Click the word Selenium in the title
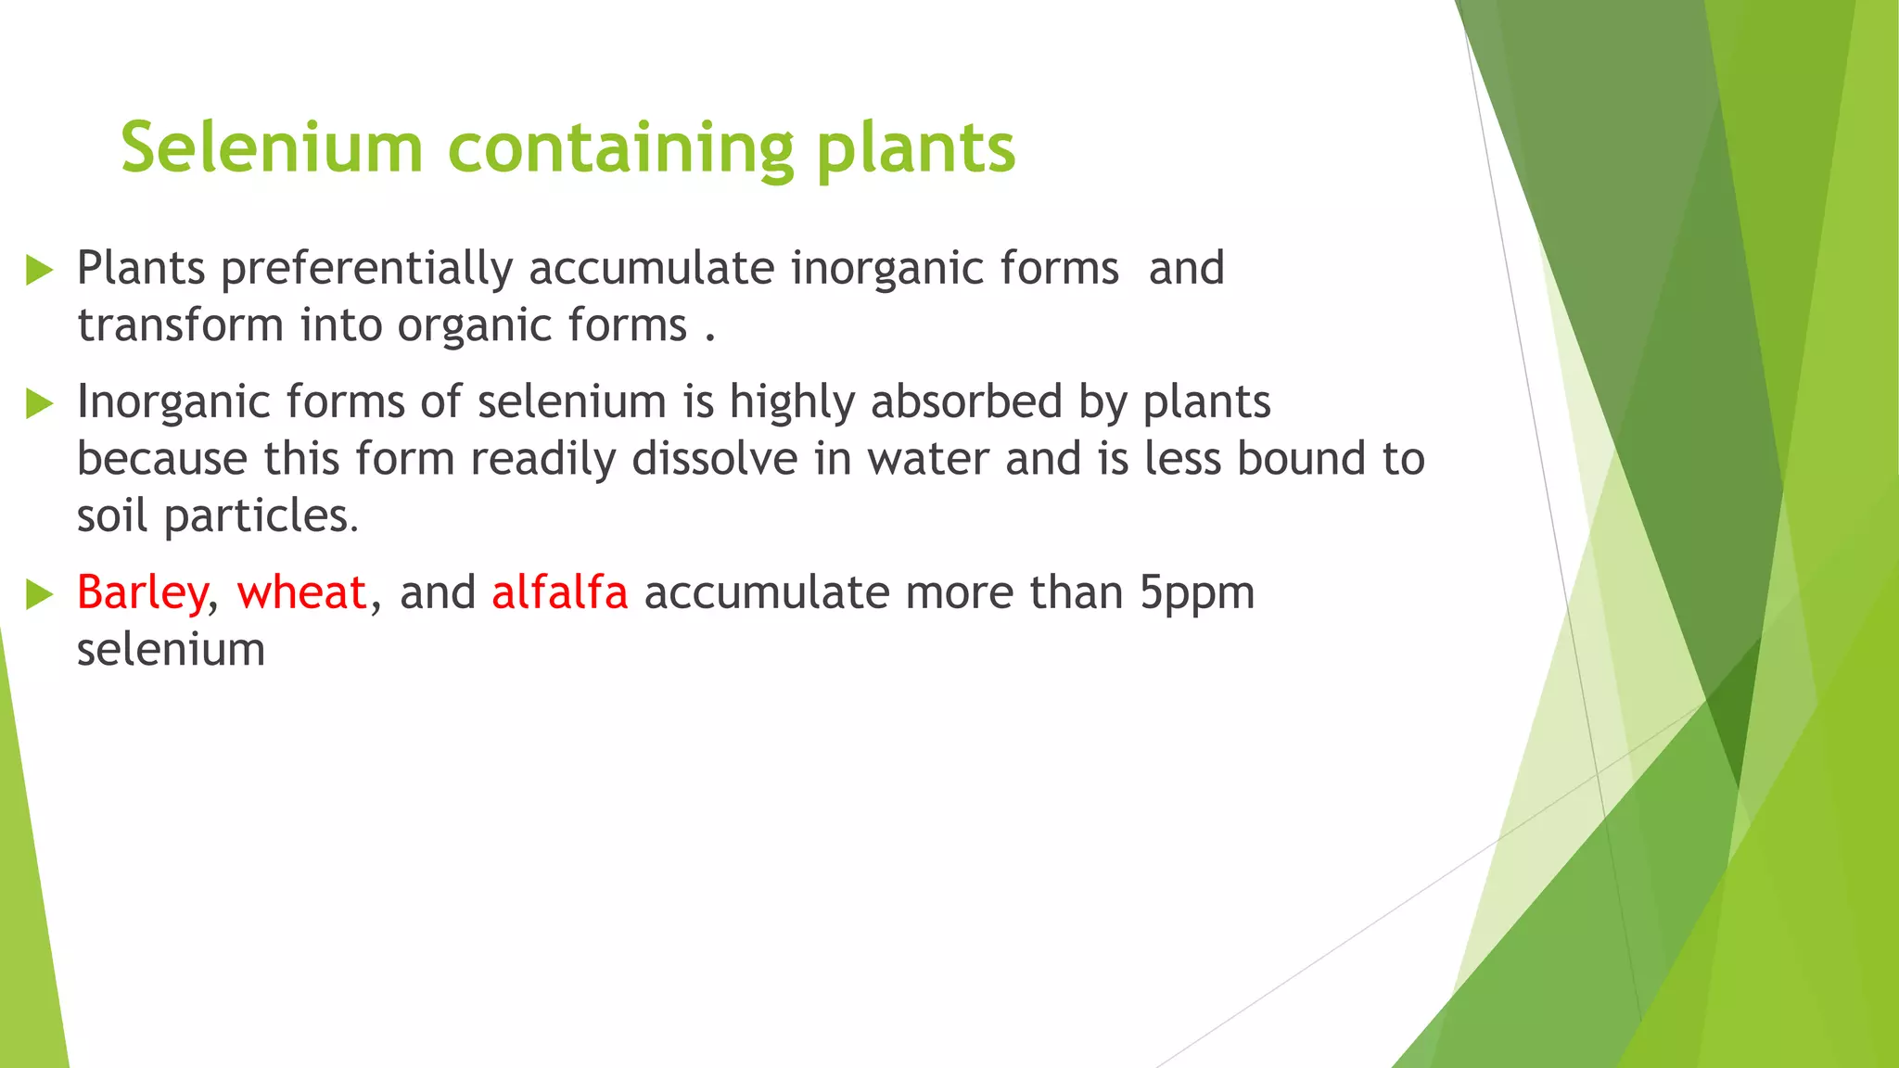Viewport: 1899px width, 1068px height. click(x=272, y=147)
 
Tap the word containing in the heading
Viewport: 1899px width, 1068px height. click(x=620, y=149)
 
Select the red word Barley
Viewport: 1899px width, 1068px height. click(x=142, y=593)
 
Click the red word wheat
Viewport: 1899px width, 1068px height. click(x=301, y=592)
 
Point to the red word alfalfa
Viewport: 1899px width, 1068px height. click(x=559, y=592)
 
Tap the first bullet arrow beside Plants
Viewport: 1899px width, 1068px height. click(x=40, y=270)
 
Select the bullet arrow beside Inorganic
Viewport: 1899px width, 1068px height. click(x=40, y=403)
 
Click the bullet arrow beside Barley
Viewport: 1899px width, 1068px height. click(x=40, y=594)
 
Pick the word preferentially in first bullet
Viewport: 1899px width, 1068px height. click(x=366, y=270)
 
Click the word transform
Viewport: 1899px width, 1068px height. click(x=180, y=325)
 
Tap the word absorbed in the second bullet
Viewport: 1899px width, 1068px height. click(x=965, y=402)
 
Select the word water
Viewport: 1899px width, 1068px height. click(x=928, y=460)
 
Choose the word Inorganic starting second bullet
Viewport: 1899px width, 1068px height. click(x=175, y=403)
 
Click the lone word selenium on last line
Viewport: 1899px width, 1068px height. click(x=171, y=650)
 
